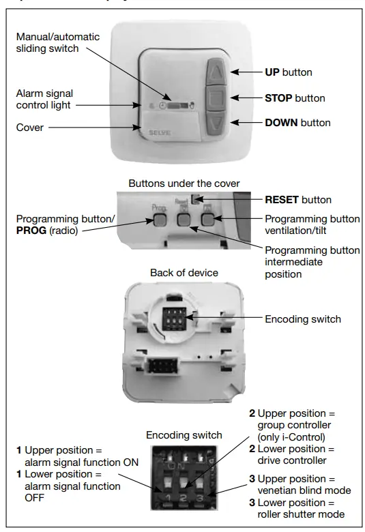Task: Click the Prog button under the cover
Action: (x=158, y=220)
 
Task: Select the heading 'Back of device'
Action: (x=184, y=273)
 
